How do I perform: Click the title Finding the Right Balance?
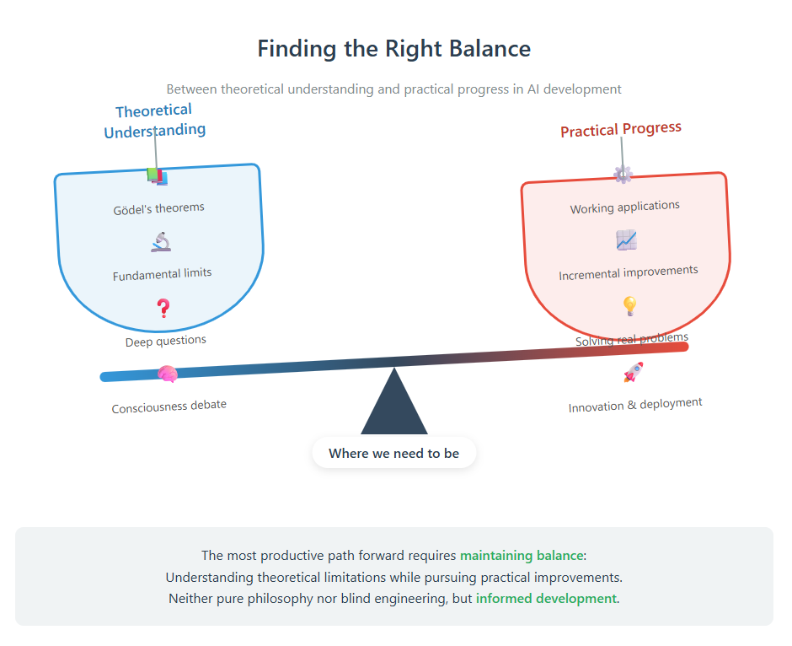(x=394, y=49)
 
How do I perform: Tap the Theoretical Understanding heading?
(x=154, y=121)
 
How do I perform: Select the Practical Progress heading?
(x=621, y=129)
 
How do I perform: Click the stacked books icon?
(x=157, y=177)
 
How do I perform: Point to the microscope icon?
(x=161, y=242)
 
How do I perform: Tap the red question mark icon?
(x=163, y=307)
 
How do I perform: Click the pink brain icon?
(x=167, y=374)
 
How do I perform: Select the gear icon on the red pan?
(x=623, y=175)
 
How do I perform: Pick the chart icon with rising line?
(x=626, y=240)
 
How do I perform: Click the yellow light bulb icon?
(x=630, y=306)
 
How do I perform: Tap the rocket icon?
(x=634, y=372)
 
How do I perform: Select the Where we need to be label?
(x=394, y=453)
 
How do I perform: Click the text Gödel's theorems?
(x=158, y=208)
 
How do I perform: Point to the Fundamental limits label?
(x=162, y=274)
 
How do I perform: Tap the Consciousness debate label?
(x=169, y=406)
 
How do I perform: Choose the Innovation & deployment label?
(x=635, y=405)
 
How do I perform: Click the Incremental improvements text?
(x=629, y=272)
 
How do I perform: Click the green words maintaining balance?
(x=522, y=556)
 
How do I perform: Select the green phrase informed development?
(x=546, y=599)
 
